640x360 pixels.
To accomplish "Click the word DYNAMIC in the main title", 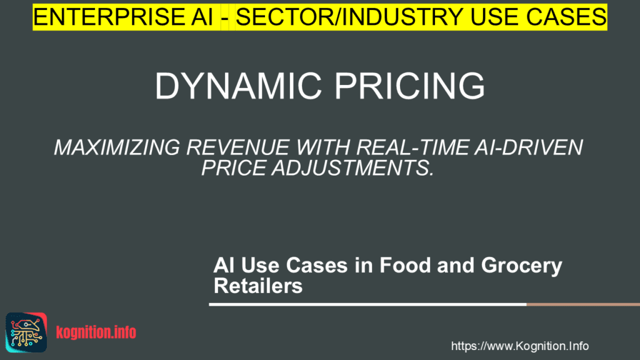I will pyautogui.click(x=237, y=86).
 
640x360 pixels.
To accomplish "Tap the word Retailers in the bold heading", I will pyautogui.click(x=257, y=286).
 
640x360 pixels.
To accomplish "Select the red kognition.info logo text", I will pyautogui.click(x=96, y=332).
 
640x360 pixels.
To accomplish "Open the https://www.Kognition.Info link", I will pyautogui.click(x=520, y=346).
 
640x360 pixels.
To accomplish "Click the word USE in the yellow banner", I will pyautogui.click(x=482, y=16).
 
